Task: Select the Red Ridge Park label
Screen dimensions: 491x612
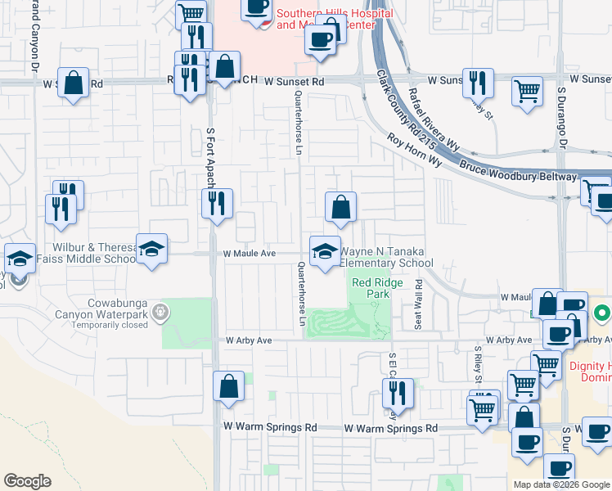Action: [371, 287]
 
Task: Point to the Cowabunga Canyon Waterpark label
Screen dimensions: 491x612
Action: [101, 312]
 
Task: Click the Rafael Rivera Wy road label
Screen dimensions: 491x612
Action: [433, 118]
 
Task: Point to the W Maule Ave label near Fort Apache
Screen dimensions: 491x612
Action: [250, 254]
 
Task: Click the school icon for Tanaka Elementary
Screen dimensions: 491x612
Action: [325, 250]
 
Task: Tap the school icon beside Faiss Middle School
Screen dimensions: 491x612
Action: [151, 249]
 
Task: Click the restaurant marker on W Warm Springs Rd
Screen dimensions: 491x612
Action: [398, 394]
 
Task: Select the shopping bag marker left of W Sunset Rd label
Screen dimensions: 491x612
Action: [74, 83]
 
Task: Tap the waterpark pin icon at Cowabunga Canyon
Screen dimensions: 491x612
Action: [161, 311]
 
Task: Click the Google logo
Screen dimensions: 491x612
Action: [27, 481]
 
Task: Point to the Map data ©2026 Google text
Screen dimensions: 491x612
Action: [561, 484]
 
